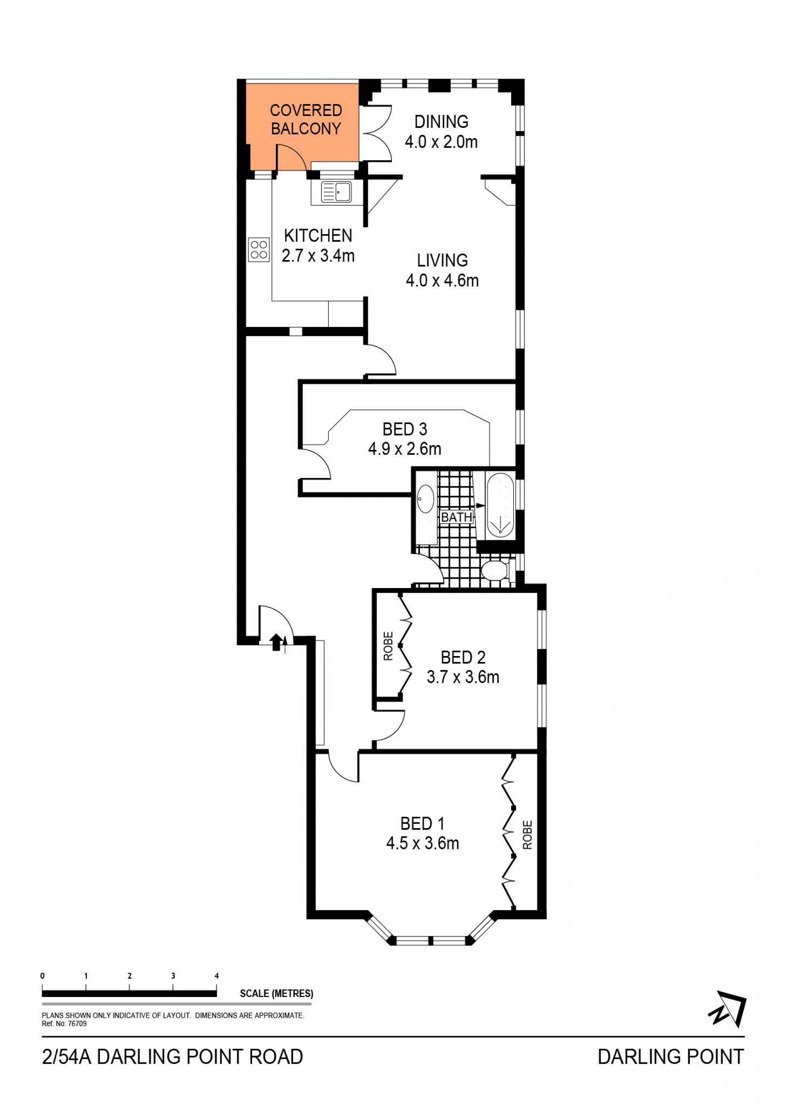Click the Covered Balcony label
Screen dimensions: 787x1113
point(306,119)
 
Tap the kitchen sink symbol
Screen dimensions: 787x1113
point(336,192)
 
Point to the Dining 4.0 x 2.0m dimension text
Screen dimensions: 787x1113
point(441,142)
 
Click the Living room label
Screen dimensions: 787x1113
point(442,260)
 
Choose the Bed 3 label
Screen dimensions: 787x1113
point(405,429)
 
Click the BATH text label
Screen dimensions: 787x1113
point(456,517)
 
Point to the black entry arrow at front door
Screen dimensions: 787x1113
point(276,642)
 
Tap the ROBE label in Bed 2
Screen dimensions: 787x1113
point(388,647)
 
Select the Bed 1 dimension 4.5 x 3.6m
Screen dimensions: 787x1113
point(422,843)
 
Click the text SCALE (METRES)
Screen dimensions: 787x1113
point(276,994)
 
